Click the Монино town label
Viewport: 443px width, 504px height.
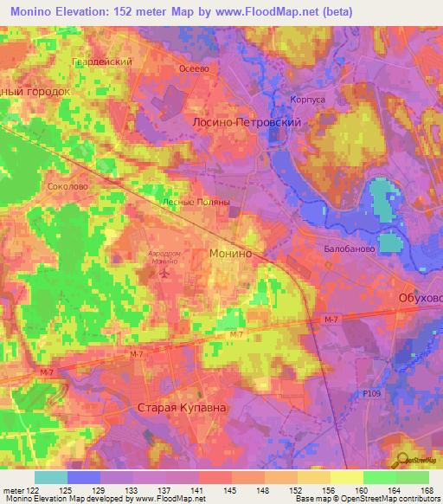click(231, 254)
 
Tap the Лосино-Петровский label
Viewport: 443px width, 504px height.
click(246, 124)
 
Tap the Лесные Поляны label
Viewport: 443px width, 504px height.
click(196, 202)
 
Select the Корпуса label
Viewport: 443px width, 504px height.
click(307, 100)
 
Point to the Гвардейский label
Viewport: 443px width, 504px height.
click(101, 62)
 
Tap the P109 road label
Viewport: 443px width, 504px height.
click(372, 393)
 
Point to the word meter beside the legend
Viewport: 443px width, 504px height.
click(12, 490)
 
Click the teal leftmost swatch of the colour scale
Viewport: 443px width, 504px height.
click(51, 477)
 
